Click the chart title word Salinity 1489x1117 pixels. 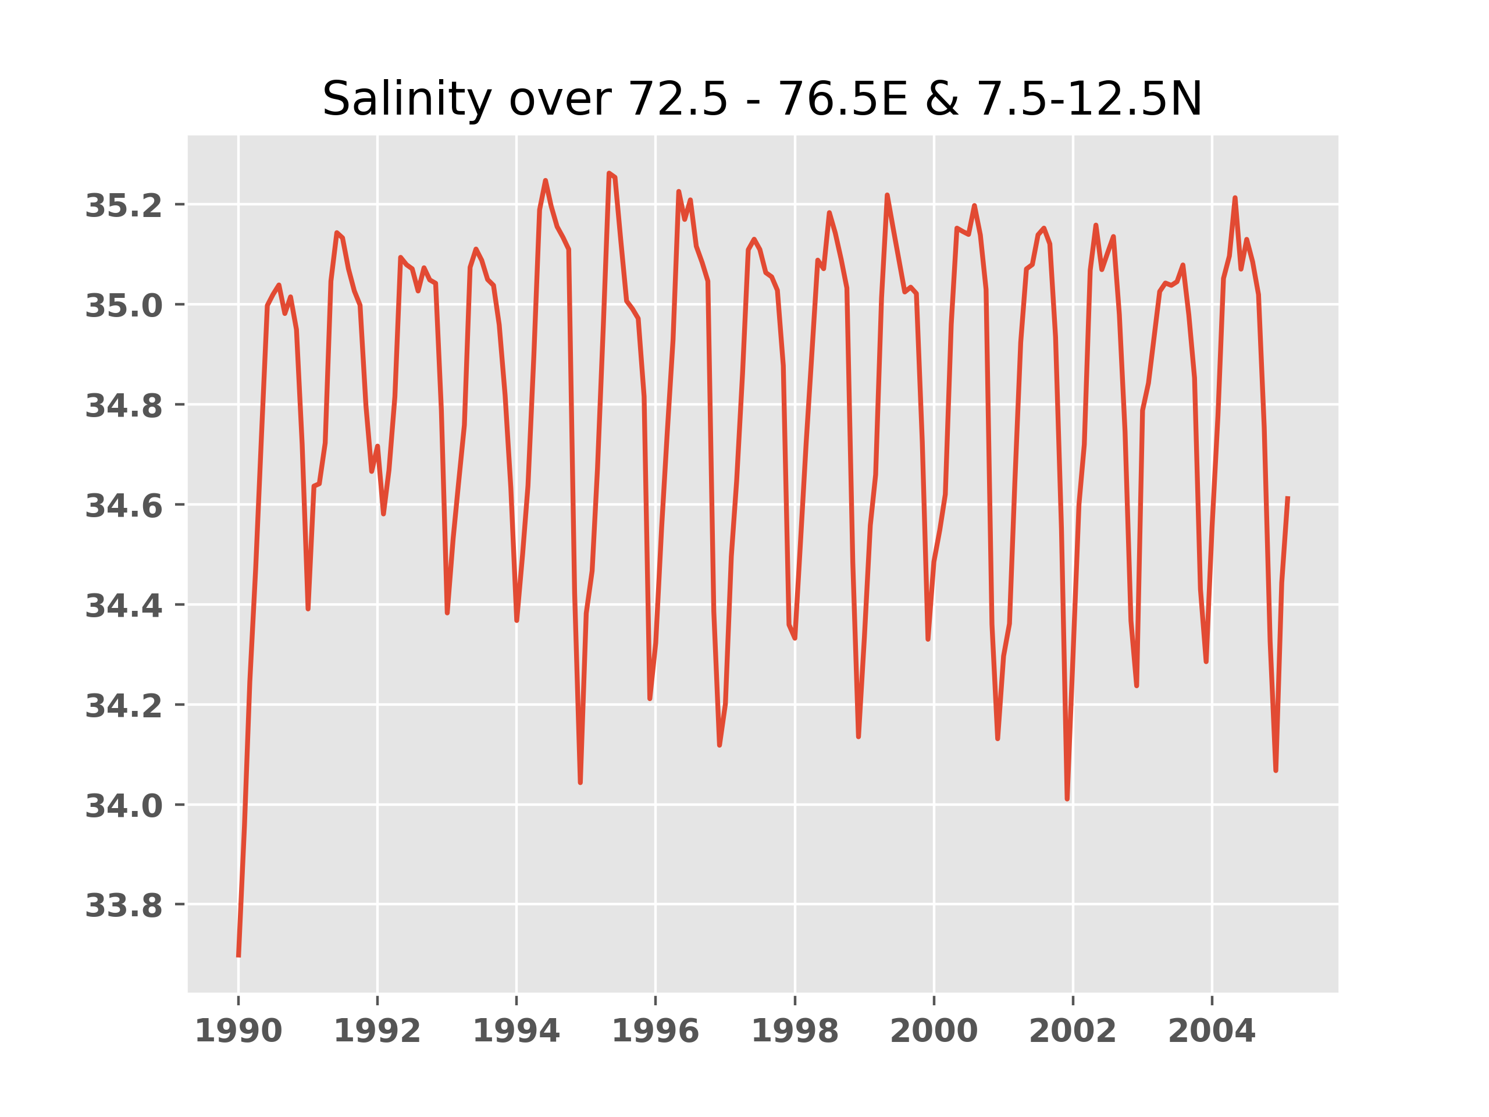tap(407, 99)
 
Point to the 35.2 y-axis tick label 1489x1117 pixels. tap(123, 205)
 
